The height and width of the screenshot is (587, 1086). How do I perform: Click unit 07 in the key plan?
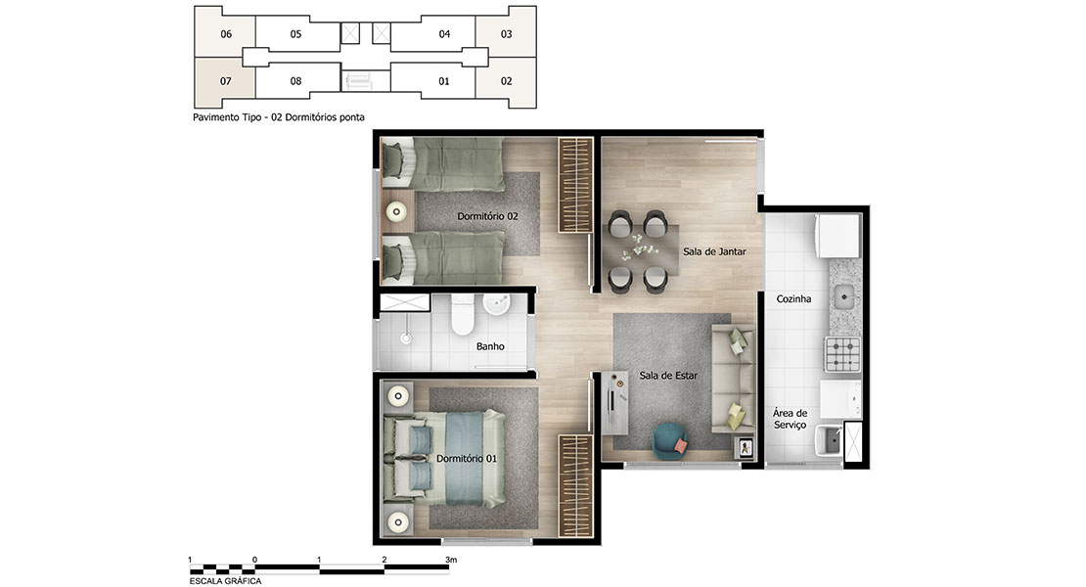pyautogui.click(x=226, y=81)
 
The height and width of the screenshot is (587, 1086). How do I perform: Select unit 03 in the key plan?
pyautogui.click(x=506, y=34)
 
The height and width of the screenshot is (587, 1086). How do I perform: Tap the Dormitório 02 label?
pyautogui.click(x=487, y=216)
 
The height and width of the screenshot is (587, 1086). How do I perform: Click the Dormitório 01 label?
pyautogui.click(x=466, y=458)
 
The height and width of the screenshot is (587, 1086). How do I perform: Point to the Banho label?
pyautogui.click(x=490, y=346)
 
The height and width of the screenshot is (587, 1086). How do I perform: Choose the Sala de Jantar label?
pyautogui.click(x=715, y=252)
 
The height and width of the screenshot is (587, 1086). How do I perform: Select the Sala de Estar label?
pyautogui.click(x=668, y=376)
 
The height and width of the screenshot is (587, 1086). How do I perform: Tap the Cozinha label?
pyautogui.click(x=793, y=299)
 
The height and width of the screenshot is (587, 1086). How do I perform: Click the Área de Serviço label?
pyautogui.click(x=791, y=419)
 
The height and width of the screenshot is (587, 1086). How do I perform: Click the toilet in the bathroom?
pyautogui.click(x=463, y=315)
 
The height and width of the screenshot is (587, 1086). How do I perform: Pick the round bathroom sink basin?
pyautogui.click(x=496, y=304)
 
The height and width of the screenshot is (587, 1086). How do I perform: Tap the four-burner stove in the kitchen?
pyautogui.click(x=842, y=353)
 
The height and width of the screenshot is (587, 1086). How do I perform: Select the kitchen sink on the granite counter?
pyautogui.click(x=844, y=297)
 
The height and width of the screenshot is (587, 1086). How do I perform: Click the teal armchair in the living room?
pyautogui.click(x=670, y=441)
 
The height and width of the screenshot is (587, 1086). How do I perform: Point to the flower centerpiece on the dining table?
pyautogui.click(x=639, y=246)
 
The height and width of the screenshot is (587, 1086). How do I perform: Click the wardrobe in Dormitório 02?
pyautogui.click(x=576, y=184)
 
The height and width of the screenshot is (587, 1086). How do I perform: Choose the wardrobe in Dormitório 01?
pyautogui.click(x=576, y=485)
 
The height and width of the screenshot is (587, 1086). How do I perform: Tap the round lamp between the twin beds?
pyautogui.click(x=397, y=212)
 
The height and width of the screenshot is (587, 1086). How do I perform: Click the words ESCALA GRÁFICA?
pyautogui.click(x=226, y=581)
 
